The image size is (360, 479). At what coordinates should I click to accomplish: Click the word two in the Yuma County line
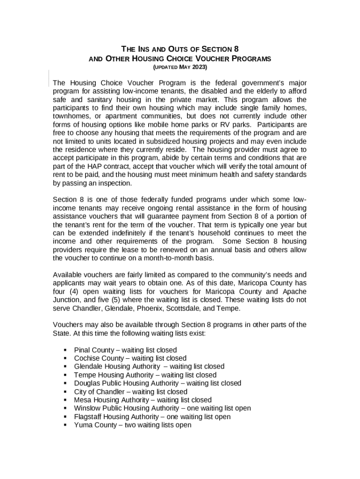coord(130,425)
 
